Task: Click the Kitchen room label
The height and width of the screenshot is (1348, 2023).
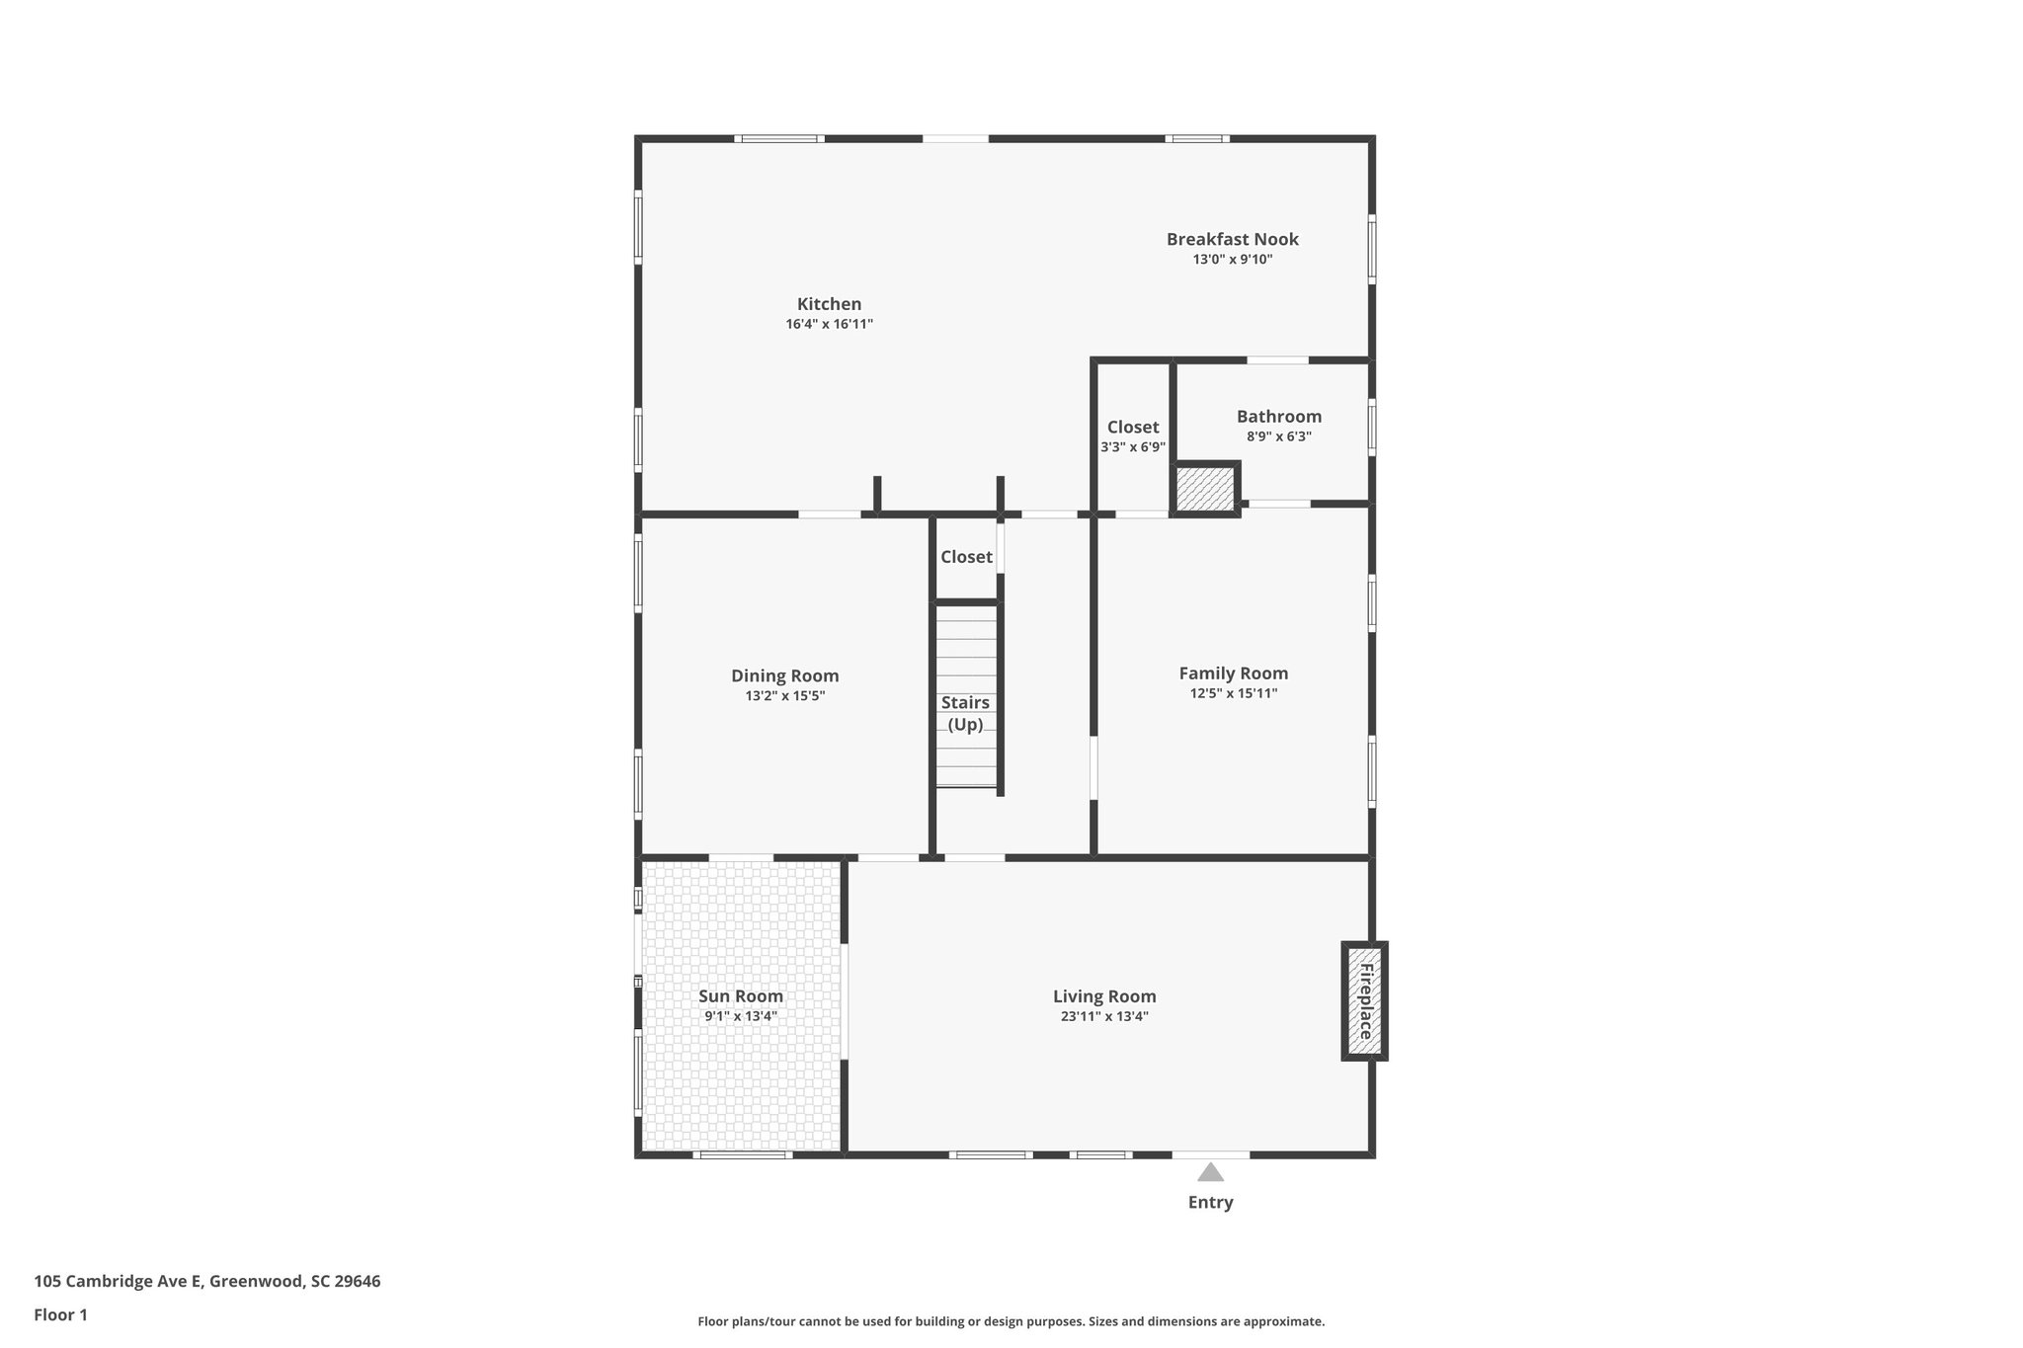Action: (829, 304)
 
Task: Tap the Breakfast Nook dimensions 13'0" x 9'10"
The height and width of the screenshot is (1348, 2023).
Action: (1232, 260)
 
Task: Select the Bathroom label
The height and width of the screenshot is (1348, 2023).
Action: (1278, 417)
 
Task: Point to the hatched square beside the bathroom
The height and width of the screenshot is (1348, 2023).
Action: (1204, 489)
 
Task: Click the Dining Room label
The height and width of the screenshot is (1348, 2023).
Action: (784, 675)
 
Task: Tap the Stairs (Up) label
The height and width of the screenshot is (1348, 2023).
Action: (965, 713)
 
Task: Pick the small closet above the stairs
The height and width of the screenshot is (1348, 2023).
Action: (965, 557)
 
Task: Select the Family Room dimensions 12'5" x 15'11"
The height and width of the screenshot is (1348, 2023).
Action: (1233, 693)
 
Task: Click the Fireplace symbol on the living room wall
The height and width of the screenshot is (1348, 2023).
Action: (1364, 1001)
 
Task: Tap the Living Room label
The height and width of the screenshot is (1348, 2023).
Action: (1103, 996)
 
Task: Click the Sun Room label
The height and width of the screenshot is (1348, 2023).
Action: (740, 996)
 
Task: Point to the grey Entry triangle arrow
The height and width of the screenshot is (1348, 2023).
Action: (1210, 1173)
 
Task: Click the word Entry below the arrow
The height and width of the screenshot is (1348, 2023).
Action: (1210, 1202)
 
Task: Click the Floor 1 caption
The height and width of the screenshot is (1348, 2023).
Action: (60, 1314)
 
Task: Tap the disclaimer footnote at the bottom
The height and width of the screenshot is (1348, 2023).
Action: (1011, 1321)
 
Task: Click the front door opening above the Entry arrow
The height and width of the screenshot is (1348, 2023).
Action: (1210, 1153)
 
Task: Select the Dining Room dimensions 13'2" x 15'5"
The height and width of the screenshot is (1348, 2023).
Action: (784, 696)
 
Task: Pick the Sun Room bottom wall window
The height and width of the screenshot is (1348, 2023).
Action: (742, 1153)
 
